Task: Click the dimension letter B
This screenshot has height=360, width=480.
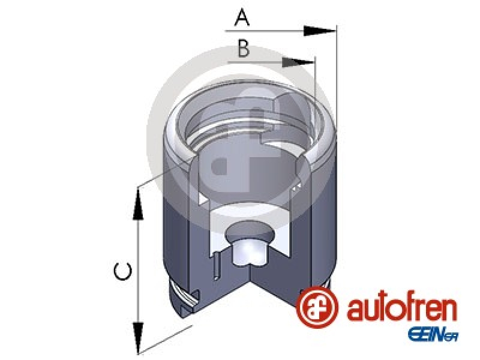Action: [244, 49]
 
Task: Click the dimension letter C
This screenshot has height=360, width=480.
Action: [123, 271]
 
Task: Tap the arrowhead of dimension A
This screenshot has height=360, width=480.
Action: [320, 31]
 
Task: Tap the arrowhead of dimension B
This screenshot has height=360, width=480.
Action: [298, 62]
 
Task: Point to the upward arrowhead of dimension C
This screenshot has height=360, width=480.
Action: [138, 204]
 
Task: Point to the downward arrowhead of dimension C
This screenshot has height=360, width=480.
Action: [139, 337]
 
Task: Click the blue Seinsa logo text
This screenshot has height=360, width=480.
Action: [433, 335]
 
